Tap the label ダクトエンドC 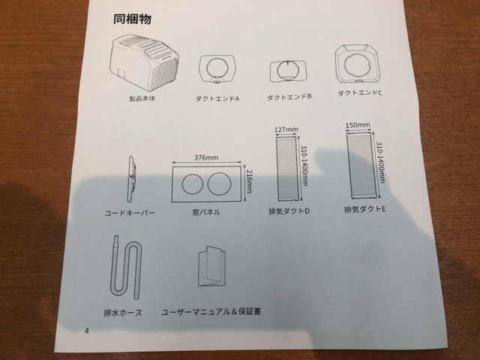point(360,93)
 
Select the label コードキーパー point(130,213)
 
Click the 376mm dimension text point(206,158)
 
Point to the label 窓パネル point(205,213)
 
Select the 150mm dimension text point(358,125)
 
